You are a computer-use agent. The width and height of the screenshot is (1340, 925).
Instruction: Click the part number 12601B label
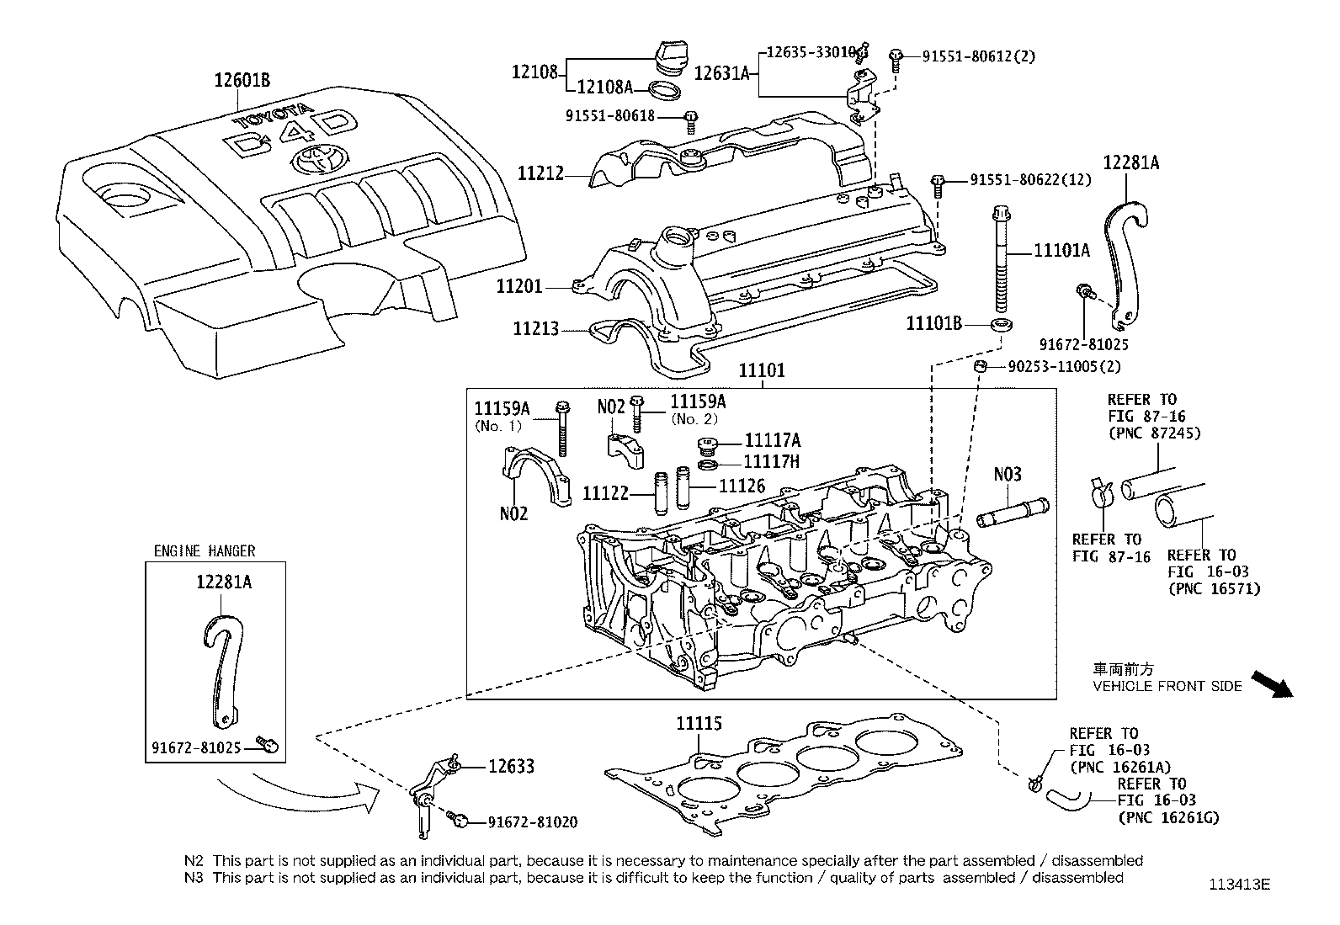point(242,81)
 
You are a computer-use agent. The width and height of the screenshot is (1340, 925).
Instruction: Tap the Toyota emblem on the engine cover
point(313,157)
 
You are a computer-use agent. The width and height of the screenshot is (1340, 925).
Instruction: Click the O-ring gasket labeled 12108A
point(667,88)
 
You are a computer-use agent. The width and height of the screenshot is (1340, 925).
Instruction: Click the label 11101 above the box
point(762,370)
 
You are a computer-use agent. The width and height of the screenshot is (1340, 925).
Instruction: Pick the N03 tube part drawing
point(1013,513)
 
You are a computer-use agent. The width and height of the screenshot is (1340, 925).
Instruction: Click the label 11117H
point(771,461)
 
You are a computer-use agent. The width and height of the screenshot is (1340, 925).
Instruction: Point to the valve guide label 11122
point(605,492)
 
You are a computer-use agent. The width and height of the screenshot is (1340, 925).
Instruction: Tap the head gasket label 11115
point(699,723)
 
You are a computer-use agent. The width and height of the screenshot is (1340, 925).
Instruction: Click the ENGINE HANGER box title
point(204,551)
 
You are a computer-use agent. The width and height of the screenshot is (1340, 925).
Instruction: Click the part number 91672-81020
point(532,821)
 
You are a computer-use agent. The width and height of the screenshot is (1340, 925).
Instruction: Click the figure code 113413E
point(1238,885)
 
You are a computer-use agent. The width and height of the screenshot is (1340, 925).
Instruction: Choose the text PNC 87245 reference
point(1154,433)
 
